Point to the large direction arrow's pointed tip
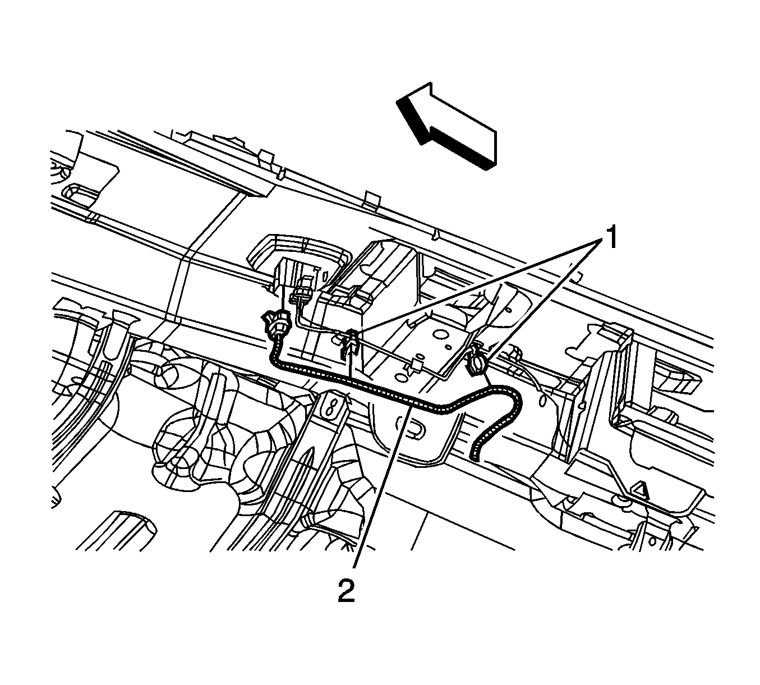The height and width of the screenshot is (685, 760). [x=397, y=101]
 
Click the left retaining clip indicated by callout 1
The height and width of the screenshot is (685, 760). [x=349, y=343]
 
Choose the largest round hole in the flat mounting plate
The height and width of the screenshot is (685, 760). [x=440, y=334]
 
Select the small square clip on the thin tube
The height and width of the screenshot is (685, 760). [x=416, y=366]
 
